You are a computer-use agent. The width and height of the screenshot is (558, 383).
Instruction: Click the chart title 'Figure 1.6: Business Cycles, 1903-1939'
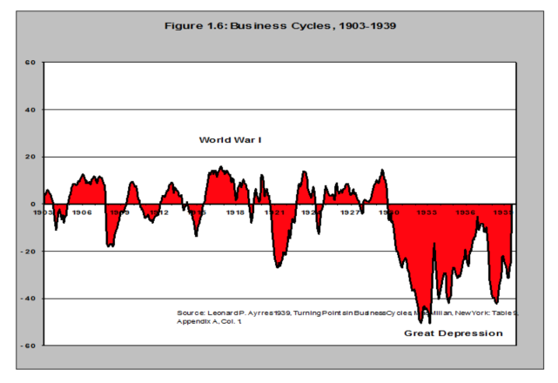(281, 24)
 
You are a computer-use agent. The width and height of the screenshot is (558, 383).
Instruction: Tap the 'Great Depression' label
(454, 333)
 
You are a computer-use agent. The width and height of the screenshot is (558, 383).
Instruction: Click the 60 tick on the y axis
(29, 63)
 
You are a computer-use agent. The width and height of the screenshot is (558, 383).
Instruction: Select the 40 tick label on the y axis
(29, 110)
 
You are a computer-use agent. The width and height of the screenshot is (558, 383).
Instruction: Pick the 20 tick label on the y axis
(29, 157)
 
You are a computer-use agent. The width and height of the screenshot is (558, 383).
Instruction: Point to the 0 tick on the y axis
(31, 205)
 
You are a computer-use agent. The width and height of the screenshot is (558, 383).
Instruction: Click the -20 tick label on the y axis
(28, 252)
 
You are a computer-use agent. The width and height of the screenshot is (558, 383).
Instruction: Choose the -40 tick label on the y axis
(28, 299)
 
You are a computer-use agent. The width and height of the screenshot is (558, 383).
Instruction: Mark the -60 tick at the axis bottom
(28, 346)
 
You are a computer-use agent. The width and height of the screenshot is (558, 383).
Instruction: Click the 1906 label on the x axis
(82, 212)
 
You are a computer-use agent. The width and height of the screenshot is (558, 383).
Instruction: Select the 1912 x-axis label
(158, 212)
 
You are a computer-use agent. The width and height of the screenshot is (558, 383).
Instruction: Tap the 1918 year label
(236, 212)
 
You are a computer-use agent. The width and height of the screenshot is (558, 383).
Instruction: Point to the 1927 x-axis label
(350, 212)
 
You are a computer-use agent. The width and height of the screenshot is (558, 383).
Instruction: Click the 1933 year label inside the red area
(427, 212)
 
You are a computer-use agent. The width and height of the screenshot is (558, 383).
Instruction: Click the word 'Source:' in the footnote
(192, 312)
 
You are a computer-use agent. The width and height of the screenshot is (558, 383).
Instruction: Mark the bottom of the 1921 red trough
(278, 265)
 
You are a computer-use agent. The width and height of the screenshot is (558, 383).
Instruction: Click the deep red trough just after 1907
(110, 245)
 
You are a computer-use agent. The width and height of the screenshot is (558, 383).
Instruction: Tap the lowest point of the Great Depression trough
(429, 322)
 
